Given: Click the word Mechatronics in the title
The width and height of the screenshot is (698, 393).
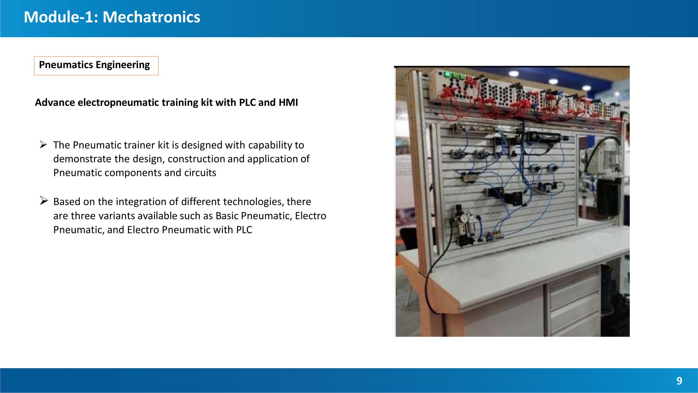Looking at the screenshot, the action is pyautogui.click(x=151, y=17).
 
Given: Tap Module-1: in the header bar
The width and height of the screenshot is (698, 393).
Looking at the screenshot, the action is pyautogui.click(x=61, y=17).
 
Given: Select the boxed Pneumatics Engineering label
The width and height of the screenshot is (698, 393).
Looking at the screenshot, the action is pyautogui.click(x=96, y=66).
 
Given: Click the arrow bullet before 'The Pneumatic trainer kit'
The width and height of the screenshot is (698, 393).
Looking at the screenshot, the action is pyautogui.click(x=44, y=144).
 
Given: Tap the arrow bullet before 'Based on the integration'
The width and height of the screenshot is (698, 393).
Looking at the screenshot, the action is pyautogui.click(x=44, y=201).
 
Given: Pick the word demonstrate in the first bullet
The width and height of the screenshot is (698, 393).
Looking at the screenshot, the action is pyautogui.click(x=82, y=159).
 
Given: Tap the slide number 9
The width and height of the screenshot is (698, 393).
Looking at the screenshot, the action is pyautogui.click(x=679, y=381).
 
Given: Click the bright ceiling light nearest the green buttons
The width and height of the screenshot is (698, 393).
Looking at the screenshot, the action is pyautogui.click(x=514, y=73).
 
